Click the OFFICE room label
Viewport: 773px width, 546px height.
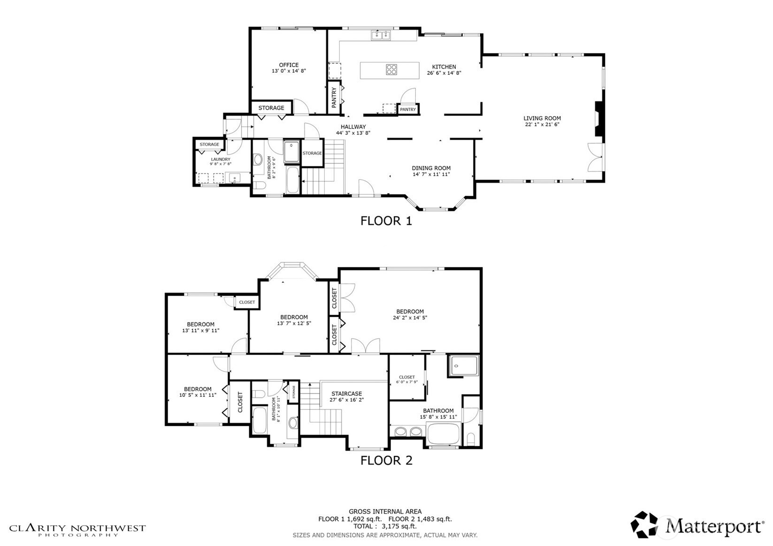(x=289, y=65)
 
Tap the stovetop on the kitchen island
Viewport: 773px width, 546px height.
(x=391, y=70)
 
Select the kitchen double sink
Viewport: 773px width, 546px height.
(x=381, y=35)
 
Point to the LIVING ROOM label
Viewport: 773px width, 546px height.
(x=542, y=118)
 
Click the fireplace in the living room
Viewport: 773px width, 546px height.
(x=599, y=119)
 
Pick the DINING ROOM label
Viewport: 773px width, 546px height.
(x=431, y=168)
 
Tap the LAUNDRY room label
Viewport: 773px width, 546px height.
(x=221, y=159)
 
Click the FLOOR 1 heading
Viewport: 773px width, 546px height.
(x=386, y=221)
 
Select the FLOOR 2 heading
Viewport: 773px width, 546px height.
(x=386, y=460)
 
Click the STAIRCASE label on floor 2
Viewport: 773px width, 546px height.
(x=346, y=394)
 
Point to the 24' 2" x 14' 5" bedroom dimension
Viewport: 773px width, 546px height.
(x=410, y=318)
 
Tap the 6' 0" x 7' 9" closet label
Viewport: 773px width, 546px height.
(x=406, y=382)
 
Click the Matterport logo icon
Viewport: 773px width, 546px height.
(x=644, y=524)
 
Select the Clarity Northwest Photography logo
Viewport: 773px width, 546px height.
(x=77, y=530)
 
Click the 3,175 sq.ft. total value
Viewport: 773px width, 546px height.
(x=399, y=526)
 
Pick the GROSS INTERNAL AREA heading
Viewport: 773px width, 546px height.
(x=385, y=511)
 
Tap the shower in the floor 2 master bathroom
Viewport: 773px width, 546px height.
(x=463, y=366)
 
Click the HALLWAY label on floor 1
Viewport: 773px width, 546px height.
(x=353, y=127)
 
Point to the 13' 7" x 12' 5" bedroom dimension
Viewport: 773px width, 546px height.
(x=294, y=324)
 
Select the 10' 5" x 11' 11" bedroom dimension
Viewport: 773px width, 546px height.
(x=198, y=395)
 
